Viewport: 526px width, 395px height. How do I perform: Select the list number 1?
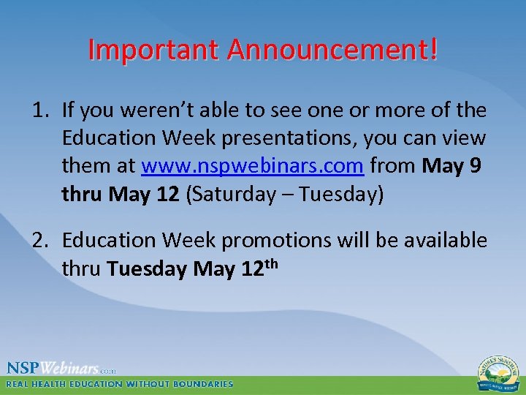pyautogui.click(x=40, y=110)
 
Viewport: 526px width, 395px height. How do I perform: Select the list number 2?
pyautogui.click(x=40, y=241)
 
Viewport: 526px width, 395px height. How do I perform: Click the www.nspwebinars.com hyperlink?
pyautogui.click(x=252, y=166)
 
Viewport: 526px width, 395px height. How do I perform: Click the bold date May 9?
pyautogui.click(x=451, y=166)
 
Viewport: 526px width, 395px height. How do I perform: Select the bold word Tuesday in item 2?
pyautogui.click(x=147, y=269)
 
